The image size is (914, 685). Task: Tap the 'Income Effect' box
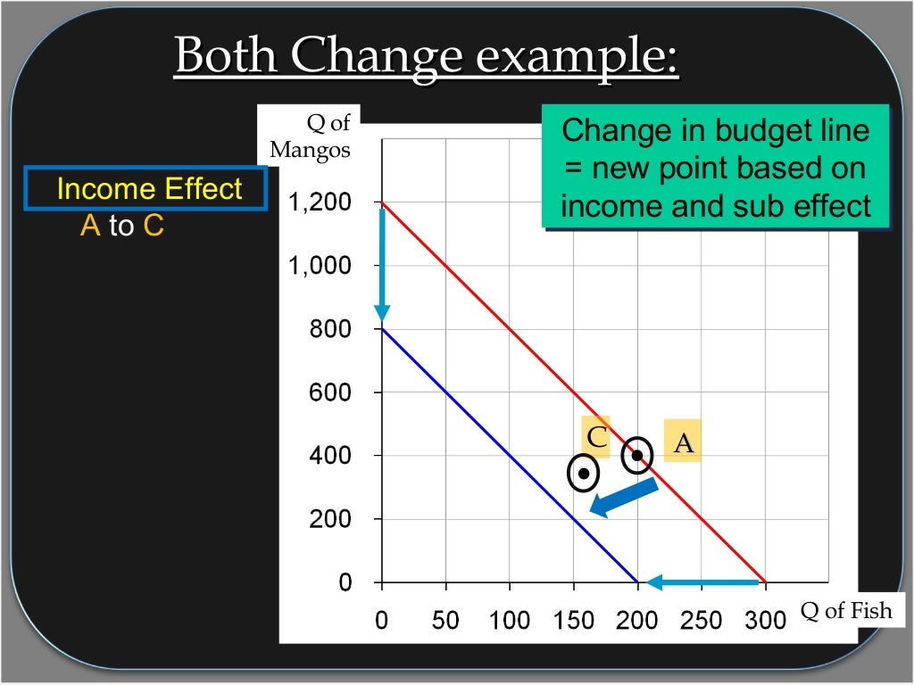coord(147,189)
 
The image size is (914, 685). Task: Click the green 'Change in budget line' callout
coord(715,168)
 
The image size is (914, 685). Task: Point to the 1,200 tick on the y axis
coord(319,202)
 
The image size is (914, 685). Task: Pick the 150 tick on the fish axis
coord(573,620)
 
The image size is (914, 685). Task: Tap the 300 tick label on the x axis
coord(765,620)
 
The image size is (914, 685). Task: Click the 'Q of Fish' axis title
coord(845,611)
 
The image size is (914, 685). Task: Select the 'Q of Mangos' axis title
coord(312,136)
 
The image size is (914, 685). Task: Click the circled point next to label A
coord(637,455)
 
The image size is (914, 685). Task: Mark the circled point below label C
coord(583,473)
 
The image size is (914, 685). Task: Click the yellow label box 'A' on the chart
coord(683,442)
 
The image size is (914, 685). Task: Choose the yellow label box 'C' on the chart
coord(595,436)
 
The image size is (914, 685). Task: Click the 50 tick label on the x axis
coord(445,620)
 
